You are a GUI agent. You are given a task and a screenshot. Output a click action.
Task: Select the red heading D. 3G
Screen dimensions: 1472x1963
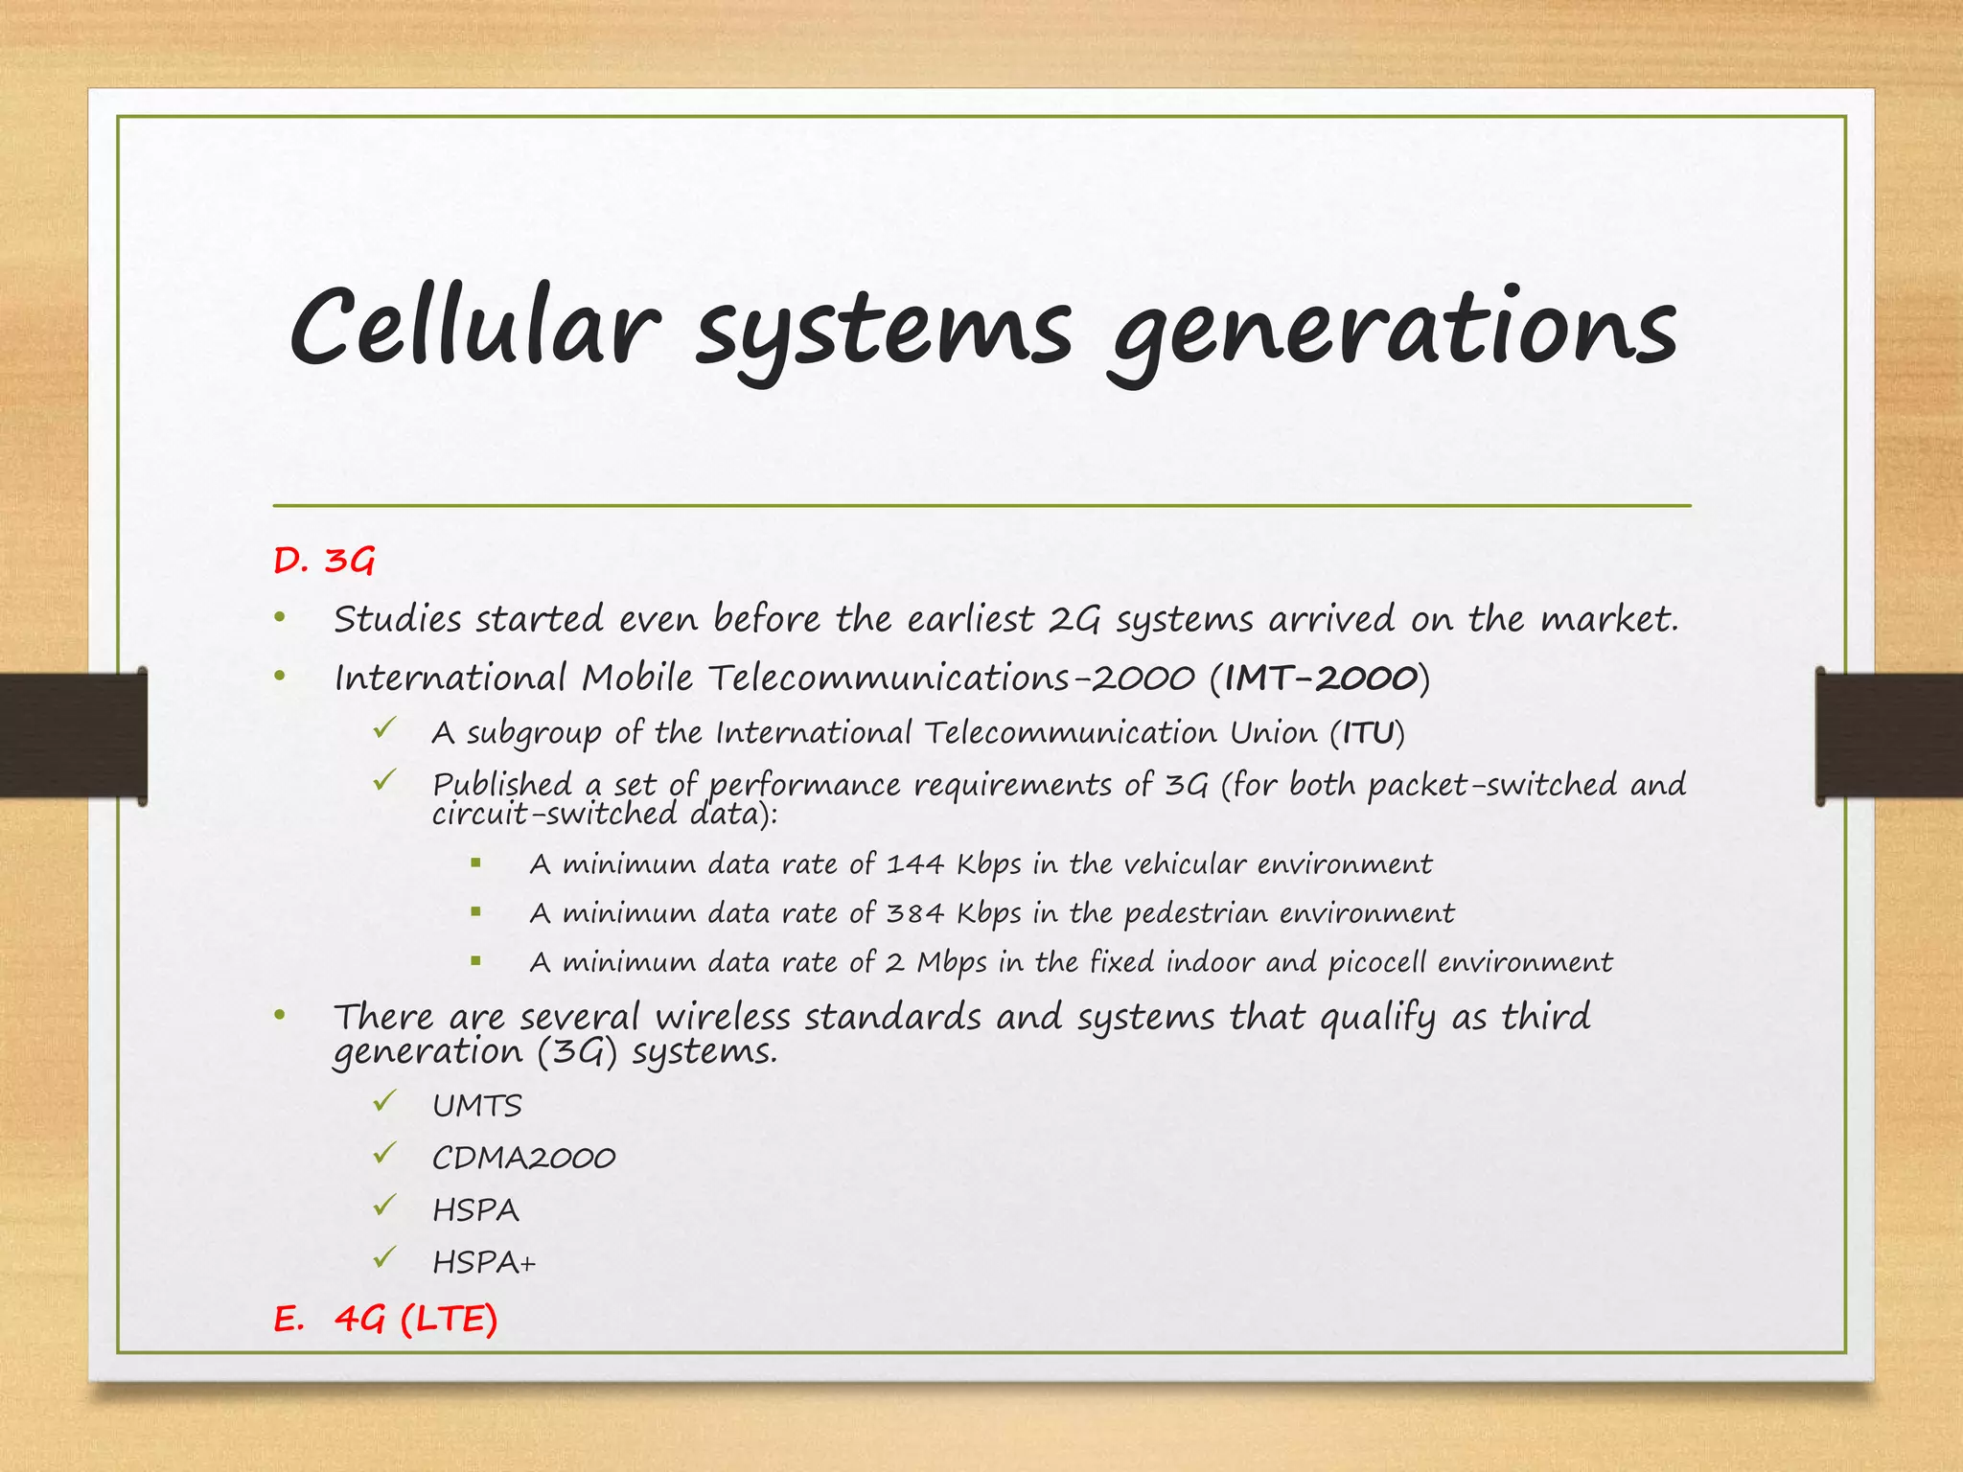[323, 561]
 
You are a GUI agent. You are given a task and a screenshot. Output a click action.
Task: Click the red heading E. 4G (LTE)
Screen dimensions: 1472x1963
[385, 1320]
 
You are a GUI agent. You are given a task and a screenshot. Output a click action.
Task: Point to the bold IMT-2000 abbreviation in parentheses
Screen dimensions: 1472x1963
[1320, 678]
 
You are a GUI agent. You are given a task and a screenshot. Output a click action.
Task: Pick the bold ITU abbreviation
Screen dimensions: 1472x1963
[1367, 733]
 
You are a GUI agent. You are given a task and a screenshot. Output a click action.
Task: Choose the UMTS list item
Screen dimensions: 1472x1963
[476, 1106]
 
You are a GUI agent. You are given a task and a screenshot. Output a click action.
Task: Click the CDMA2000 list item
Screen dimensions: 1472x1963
[523, 1159]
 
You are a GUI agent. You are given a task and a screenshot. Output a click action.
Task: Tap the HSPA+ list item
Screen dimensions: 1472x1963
[484, 1262]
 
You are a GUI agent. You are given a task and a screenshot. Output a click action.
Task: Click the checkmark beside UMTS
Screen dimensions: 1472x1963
[385, 1102]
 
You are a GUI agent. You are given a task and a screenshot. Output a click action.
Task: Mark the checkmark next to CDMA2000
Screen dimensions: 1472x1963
[385, 1154]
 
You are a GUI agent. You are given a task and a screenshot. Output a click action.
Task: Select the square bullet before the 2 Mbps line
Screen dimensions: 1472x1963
[475, 960]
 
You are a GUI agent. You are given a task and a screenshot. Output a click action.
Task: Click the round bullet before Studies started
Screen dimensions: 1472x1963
[280, 618]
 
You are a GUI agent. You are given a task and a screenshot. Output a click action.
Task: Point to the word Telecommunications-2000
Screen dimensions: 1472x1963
[952, 678]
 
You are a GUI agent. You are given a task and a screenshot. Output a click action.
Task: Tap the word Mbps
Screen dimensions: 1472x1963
[951, 962]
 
